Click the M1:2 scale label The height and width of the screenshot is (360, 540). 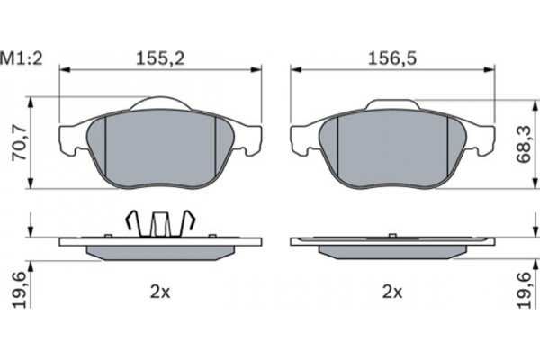point(22,58)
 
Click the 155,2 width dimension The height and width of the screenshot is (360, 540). point(160,58)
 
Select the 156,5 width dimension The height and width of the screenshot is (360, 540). point(392,58)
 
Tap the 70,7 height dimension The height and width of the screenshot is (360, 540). point(19,143)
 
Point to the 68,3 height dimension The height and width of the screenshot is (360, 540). point(524,144)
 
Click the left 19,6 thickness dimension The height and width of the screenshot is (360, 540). point(19,290)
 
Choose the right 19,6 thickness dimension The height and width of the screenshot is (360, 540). point(524,290)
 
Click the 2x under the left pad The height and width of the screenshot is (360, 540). point(160,292)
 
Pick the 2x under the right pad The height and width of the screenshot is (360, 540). point(392,292)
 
